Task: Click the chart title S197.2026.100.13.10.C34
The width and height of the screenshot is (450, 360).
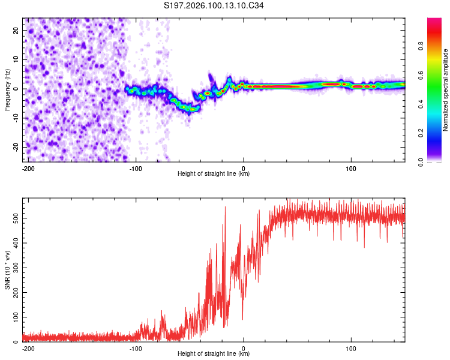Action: point(214,6)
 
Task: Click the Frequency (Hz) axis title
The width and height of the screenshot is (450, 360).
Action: point(7,90)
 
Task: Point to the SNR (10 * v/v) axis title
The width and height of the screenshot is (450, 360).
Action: point(7,271)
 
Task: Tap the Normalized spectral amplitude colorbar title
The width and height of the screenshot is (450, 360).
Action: point(446,90)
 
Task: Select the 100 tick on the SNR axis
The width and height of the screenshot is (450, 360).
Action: point(15,316)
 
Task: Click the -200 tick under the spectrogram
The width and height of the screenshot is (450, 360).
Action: point(27,167)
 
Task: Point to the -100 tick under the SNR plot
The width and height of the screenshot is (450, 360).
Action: point(136,347)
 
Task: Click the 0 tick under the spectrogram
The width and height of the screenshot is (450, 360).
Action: point(244,167)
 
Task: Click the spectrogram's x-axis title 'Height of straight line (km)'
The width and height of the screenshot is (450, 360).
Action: point(214,174)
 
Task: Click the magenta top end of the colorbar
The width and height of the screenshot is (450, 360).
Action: point(434,21)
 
